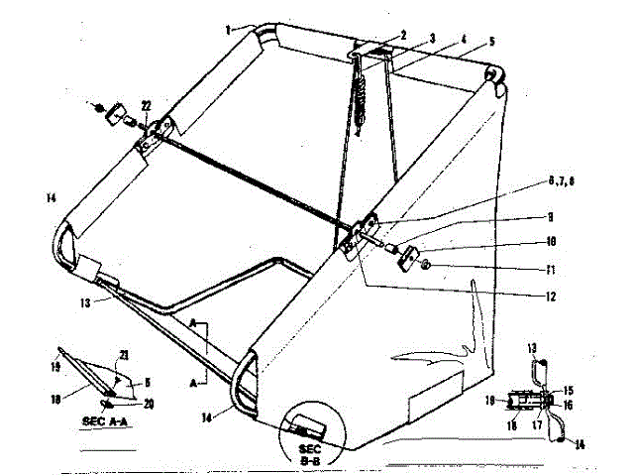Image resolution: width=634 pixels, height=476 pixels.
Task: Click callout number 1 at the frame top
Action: point(228,29)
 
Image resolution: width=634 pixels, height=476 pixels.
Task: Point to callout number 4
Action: point(462,41)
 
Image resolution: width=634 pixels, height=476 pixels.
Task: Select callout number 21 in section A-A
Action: point(124,356)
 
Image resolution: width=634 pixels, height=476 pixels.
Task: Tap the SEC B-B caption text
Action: point(324,453)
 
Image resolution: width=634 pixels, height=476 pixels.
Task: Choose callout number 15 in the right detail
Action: point(568,390)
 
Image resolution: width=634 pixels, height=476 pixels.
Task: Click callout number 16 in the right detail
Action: point(568,405)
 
